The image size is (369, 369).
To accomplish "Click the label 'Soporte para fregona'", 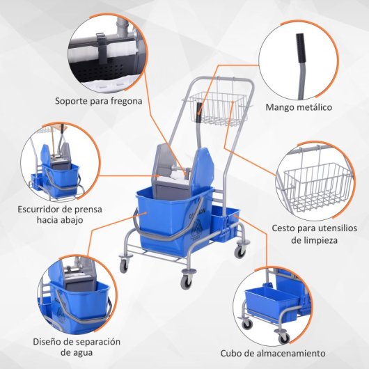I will click(x=98, y=100).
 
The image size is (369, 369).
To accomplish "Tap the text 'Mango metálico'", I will click(x=299, y=107).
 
